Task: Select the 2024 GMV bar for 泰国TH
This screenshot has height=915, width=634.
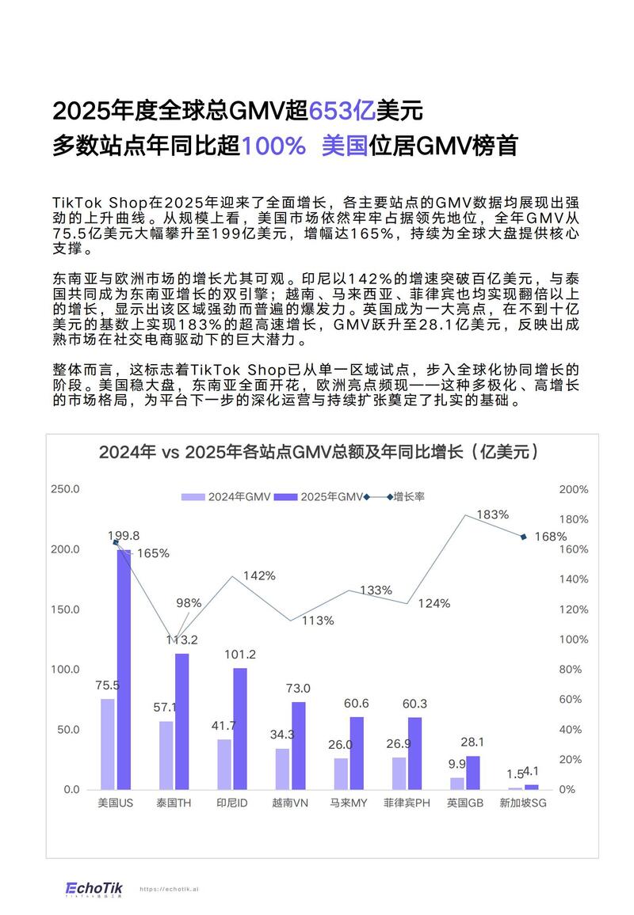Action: click(x=166, y=755)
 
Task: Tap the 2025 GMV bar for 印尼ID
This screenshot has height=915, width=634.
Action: click(x=240, y=728)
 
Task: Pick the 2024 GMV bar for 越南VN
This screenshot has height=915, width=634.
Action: click(x=282, y=769)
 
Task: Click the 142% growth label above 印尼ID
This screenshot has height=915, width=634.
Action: click(x=259, y=575)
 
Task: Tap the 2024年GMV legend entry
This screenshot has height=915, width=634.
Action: click(x=227, y=497)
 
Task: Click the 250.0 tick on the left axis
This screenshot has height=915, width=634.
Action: click(x=64, y=489)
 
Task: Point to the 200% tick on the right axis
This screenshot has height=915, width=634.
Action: click(x=573, y=489)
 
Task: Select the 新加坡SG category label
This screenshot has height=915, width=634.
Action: click(x=523, y=803)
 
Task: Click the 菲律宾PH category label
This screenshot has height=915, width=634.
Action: click(x=407, y=803)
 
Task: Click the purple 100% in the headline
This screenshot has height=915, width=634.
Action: click(x=273, y=146)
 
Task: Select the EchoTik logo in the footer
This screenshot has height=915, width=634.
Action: click(x=94, y=888)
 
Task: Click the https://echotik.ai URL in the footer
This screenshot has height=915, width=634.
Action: click(x=169, y=889)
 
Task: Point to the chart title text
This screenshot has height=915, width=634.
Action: click(x=319, y=453)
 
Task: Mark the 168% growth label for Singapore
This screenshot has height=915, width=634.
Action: click(x=550, y=537)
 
